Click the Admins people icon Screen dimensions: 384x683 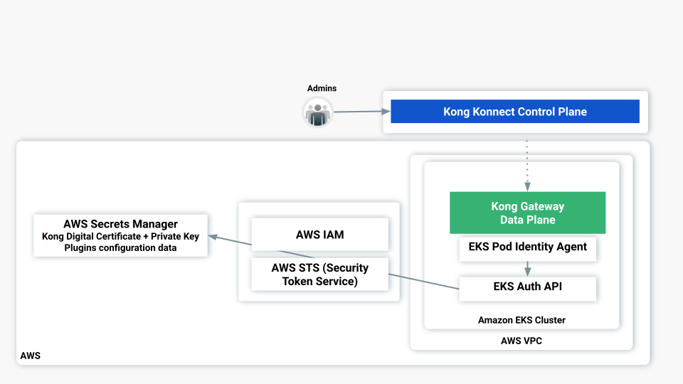click(317, 112)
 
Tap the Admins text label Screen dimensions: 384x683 click(322, 88)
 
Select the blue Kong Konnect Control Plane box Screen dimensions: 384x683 click(514, 112)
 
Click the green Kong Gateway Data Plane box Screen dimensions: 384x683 click(527, 213)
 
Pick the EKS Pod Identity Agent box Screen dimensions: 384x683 click(527, 247)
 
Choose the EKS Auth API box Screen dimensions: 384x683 click(527, 287)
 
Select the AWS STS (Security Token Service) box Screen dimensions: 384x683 click(319, 274)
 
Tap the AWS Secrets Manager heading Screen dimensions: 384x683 click(120, 224)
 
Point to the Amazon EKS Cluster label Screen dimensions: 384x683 click(521, 320)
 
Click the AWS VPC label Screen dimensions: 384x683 click(521, 341)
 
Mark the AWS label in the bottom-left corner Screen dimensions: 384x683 click(31, 356)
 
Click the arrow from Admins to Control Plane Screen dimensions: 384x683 click(361, 112)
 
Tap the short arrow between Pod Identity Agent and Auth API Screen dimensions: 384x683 click(526, 269)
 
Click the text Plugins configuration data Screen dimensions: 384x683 click(120, 247)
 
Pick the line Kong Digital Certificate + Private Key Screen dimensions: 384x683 click(120, 236)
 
